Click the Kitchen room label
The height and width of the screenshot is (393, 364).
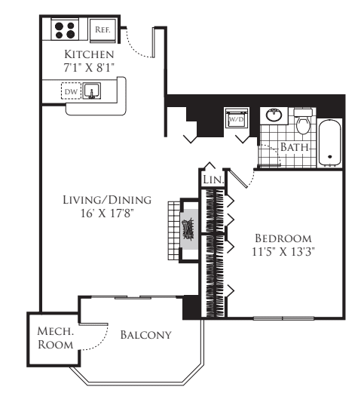pos(89,55)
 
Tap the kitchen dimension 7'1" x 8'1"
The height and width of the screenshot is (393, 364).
pos(89,68)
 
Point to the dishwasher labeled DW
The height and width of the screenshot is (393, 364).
pos(71,92)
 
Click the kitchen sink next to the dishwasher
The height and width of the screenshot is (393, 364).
pos(92,92)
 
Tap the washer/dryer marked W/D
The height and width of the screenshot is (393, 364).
pos(236,118)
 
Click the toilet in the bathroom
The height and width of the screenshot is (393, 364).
pos(303,120)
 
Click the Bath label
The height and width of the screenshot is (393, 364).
pos(295,147)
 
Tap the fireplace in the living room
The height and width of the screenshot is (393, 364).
pos(188,228)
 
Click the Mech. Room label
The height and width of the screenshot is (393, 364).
pos(56,337)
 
